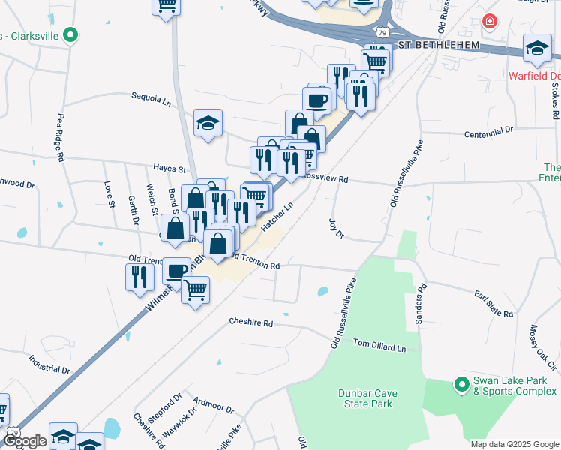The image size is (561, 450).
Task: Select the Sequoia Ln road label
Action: pos(151,97)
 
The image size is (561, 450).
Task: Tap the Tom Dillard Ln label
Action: pos(379,345)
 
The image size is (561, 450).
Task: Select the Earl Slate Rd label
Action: pos(493,303)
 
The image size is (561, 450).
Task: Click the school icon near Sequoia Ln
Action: pos(208,123)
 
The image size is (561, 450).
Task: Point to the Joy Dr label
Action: pos(335,229)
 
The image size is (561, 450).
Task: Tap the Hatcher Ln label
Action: pos(276,214)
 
